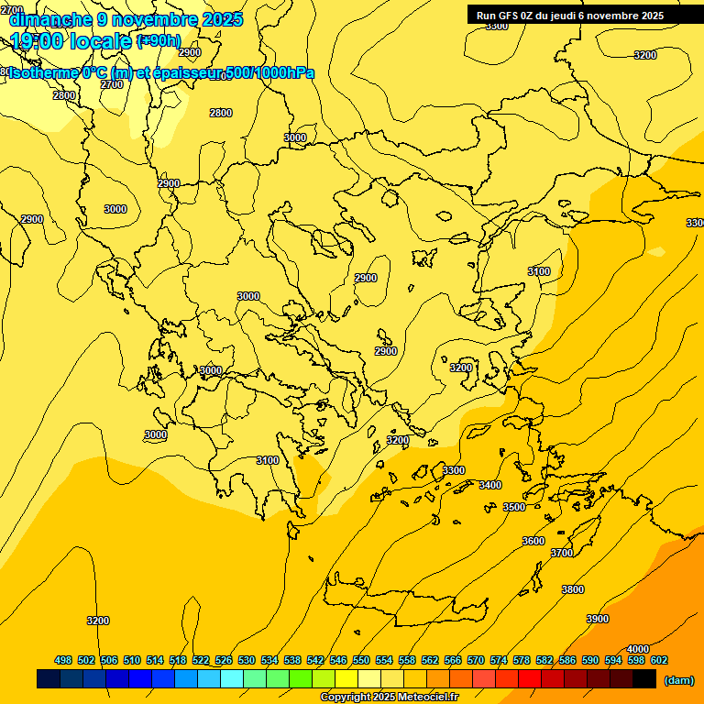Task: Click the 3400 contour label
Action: (x=490, y=485)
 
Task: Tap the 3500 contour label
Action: (x=514, y=507)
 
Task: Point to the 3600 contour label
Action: (x=533, y=541)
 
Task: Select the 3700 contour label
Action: (x=562, y=553)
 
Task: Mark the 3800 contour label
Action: (x=573, y=589)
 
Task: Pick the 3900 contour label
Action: (x=598, y=619)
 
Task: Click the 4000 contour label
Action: (x=638, y=649)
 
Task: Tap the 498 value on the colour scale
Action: (x=63, y=660)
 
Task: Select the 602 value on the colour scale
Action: (x=659, y=660)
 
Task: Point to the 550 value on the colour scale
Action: (x=361, y=660)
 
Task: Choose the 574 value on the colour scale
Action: (x=499, y=660)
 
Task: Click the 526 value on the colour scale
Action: (x=224, y=660)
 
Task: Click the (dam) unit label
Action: (x=679, y=679)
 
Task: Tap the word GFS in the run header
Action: (x=509, y=16)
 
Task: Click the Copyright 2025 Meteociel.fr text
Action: (x=390, y=697)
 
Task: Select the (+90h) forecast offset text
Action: (x=159, y=41)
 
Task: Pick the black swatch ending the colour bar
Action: (x=644, y=678)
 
